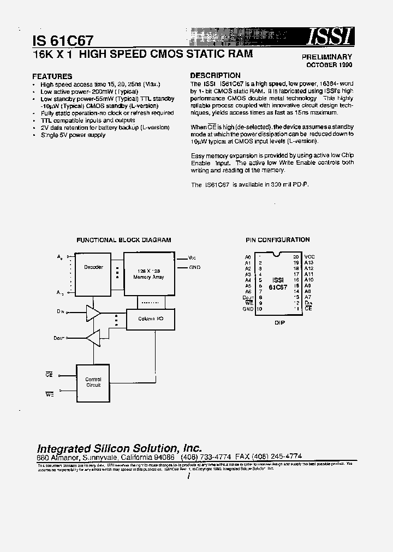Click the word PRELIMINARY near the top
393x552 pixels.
[x=327, y=57]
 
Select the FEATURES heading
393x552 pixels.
[x=52, y=76]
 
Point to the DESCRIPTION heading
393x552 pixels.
[x=215, y=75]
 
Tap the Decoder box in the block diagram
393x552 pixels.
[x=93, y=267]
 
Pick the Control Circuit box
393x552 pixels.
[x=93, y=382]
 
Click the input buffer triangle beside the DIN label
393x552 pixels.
[x=93, y=313]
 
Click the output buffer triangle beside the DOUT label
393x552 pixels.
[x=93, y=339]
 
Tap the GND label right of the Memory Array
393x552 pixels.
[x=195, y=267]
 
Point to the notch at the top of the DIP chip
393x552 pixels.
[x=278, y=255]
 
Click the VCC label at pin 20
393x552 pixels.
[x=309, y=256]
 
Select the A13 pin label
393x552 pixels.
[x=309, y=262]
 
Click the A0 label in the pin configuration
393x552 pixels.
[x=248, y=256]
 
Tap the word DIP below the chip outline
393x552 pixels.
[x=278, y=322]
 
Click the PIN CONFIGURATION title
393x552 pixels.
[x=277, y=239]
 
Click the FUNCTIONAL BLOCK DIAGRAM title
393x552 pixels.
[x=123, y=239]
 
